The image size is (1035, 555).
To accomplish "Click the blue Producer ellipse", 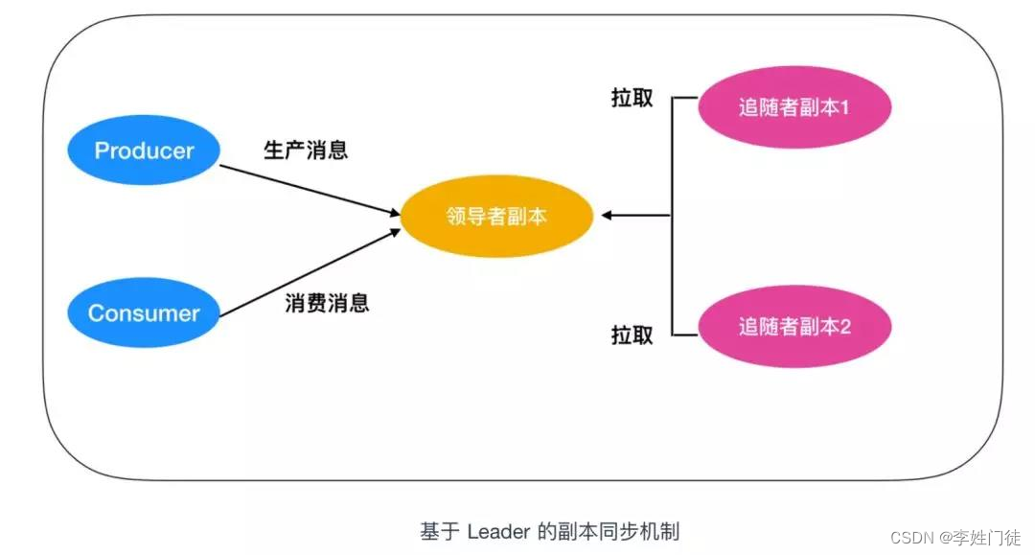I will coord(144,150).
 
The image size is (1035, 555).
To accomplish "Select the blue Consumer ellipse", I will coord(144,312).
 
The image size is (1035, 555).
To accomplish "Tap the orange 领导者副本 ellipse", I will coord(496,216).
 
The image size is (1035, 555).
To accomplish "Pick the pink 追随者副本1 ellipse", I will coord(794,107).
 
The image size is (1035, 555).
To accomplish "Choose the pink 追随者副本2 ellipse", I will coord(794,326).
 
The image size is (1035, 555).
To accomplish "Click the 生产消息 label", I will coord(306,150).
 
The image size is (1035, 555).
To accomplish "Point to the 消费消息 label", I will coord(327,304).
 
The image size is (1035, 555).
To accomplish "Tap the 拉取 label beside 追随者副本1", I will coord(632,98).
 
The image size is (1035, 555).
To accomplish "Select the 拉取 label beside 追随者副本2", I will coord(632,335).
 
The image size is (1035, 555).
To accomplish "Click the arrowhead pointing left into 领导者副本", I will coord(607,216).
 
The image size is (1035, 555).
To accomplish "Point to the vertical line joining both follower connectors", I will coord(672,216).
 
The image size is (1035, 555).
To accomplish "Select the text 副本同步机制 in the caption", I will coord(623,530).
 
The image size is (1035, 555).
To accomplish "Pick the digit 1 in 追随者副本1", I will coord(845,107).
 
